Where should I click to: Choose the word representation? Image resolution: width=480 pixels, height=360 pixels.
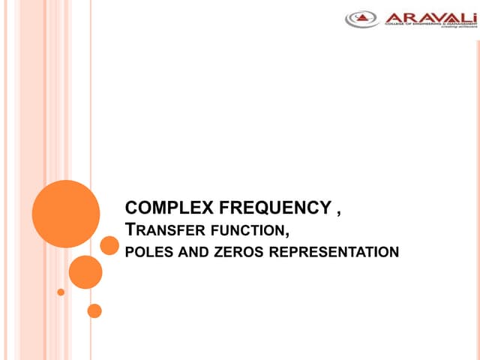pyautogui.click(x=333, y=253)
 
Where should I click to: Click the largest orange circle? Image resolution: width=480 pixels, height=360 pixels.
pyautogui.click(x=66, y=214)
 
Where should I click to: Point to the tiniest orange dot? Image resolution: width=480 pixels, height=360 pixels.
pyautogui.click(x=61, y=292)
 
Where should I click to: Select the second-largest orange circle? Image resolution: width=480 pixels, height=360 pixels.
pyautogui.click(x=85, y=271)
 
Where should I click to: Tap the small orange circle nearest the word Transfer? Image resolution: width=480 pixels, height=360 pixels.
pyautogui.click(x=109, y=245)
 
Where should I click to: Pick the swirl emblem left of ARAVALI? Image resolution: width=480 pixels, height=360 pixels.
pyautogui.click(x=361, y=19)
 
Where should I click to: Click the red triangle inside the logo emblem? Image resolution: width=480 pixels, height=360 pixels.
pyautogui.click(x=361, y=19)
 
